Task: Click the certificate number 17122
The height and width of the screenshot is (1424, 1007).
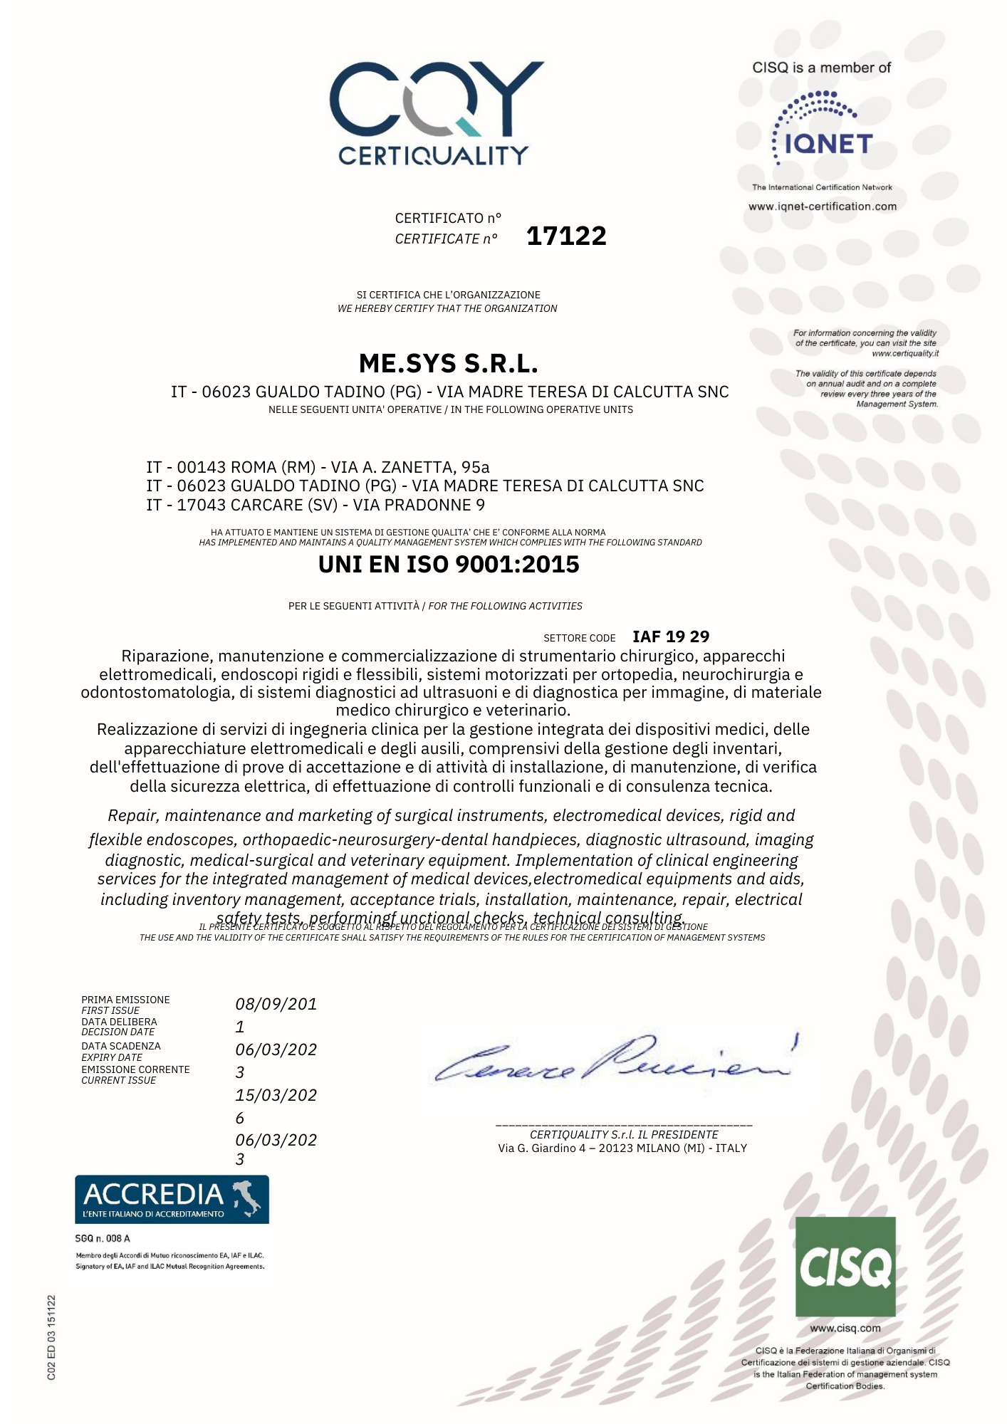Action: click(566, 236)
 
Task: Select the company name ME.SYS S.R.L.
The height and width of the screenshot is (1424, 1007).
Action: click(448, 364)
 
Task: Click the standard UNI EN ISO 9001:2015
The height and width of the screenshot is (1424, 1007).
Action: click(449, 565)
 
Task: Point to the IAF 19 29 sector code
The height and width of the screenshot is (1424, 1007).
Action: click(671, 637)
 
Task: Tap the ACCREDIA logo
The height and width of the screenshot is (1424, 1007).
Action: click(172, 1199)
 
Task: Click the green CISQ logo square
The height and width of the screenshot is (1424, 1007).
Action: click(845, 1267)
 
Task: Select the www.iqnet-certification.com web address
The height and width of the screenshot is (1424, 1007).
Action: click(823, 206)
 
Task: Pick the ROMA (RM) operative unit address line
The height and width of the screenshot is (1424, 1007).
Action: click(318, 467)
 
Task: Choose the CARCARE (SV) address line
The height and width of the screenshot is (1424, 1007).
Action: click(315, 505)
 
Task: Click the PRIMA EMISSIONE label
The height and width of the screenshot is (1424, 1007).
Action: click(125, 1000)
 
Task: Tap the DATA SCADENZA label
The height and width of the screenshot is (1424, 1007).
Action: click(121, 1046)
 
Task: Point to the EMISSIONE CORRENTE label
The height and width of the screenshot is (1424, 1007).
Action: click(135, 1069)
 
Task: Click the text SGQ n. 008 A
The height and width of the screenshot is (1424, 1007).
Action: click(103, 1238)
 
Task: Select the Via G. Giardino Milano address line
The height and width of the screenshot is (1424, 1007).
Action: click(622, 1148)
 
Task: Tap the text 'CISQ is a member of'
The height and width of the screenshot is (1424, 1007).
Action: click(822, 68)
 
